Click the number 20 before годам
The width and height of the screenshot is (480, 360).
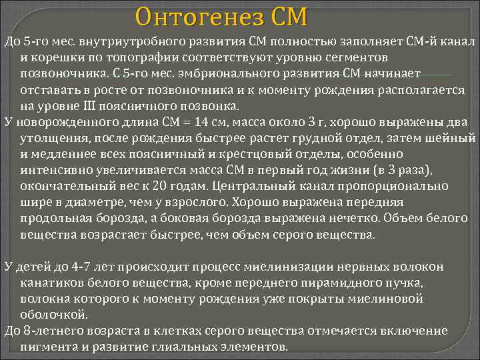(157, 186)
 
